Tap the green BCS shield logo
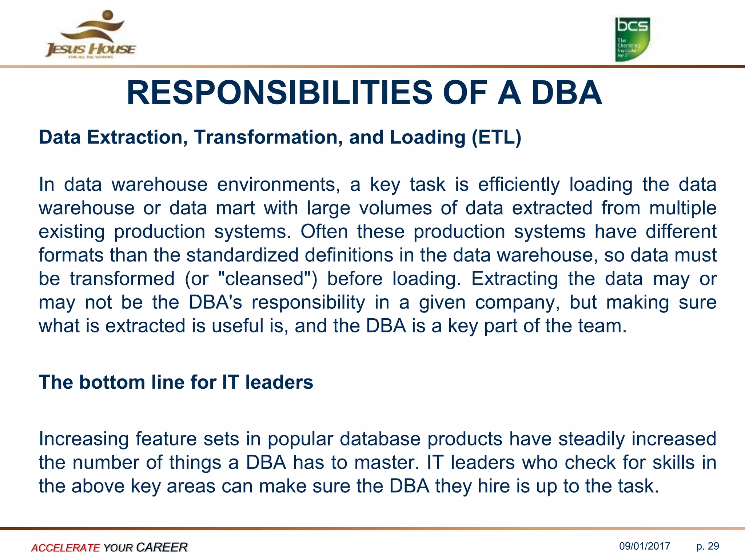pos(632,39)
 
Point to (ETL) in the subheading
pos(497,137)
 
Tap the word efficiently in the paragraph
pos(519,185)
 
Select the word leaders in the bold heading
pos(279,382)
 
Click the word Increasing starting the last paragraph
pos(84,439)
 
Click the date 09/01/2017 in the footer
pos(645,546)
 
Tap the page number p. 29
pos(708,546)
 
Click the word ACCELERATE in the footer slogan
pos(65,547)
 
